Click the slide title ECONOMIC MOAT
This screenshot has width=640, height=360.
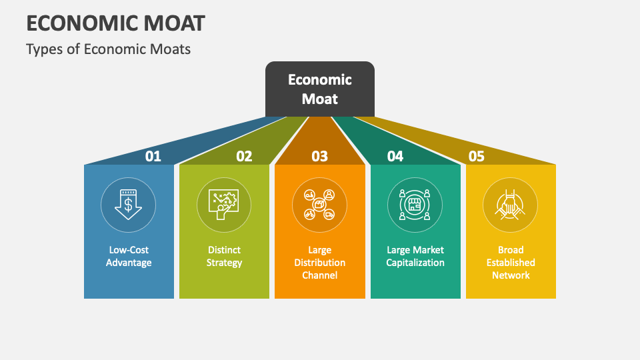coord(115,23)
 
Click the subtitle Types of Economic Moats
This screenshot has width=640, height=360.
coord(109,49)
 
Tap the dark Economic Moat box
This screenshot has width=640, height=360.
coord(320,89)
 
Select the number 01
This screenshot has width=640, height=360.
coord(153,156)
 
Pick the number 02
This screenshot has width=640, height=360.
coord(244,156)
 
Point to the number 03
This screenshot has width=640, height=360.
coord(320,156)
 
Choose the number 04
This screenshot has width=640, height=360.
coord(395,156)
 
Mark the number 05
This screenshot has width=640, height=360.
coord(476,156)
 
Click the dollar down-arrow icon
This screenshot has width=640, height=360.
coord(129,204)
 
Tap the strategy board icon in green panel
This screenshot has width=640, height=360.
coord(224,204)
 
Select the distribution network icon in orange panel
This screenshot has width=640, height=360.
coord(320,204)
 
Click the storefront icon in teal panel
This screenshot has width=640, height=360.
coord(415,204)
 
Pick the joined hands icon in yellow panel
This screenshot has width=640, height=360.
coord(511,204)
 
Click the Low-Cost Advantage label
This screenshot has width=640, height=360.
coord(129,256)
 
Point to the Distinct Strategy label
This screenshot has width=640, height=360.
coord(224,256)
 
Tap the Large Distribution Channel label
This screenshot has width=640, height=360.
coord(320,262)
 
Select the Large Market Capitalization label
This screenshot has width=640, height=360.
coord(415,256)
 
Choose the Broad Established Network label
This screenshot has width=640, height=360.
coord(511,262)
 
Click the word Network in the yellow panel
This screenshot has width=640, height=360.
coord(511,275)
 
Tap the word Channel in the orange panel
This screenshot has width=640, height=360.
coord(320,275)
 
